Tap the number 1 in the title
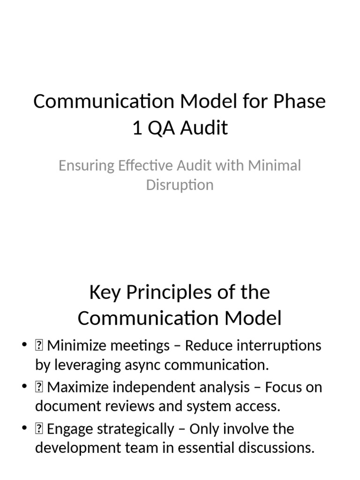click(x=137, y=127)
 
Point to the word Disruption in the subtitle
click(x=180, y=185)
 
